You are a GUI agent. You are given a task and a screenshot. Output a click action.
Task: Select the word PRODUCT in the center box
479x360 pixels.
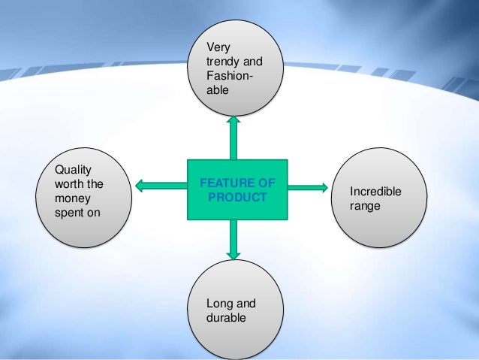(237, 197)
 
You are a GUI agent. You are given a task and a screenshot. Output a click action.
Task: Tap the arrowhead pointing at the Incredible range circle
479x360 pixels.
(324, 186)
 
